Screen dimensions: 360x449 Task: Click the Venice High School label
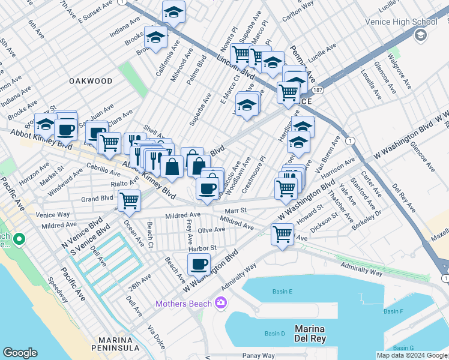pos(401,22)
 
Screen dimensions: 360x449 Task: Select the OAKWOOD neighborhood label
pos(91,80)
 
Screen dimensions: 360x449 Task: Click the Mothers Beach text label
pos(183,304)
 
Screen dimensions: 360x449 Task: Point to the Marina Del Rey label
pos(318,334)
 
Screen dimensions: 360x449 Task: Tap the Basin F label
pos(394,311)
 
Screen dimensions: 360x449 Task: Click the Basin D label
pos(274,334)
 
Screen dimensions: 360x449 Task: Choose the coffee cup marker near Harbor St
pos(199,263)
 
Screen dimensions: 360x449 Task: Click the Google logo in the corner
pos(20,353)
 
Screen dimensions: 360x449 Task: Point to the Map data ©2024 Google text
pos(411,355)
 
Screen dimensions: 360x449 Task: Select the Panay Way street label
pos(259,356)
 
